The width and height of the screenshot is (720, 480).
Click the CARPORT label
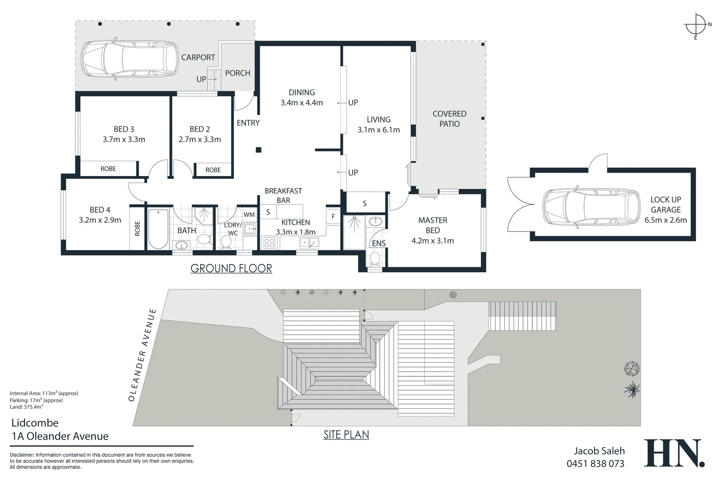coord(198,57)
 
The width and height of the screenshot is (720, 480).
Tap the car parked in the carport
coord(129,59)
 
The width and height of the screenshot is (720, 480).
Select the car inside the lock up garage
coord(591,207)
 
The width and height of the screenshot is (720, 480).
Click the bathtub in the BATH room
coord(158,229)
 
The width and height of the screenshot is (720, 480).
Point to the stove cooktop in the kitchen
coord(269,243)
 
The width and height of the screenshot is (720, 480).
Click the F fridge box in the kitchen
coord(333,216)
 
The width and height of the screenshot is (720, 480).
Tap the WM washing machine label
coord(249,215)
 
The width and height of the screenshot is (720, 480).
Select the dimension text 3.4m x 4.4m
coord(302,103)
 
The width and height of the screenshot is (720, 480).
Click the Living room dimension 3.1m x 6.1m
coord(378,130)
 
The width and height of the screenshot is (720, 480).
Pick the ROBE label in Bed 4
coord(137,228)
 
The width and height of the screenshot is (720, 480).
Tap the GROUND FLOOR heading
coord(231,268)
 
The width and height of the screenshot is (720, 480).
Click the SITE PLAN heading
coord(346,435)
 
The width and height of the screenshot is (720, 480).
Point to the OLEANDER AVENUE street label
coord(142,355)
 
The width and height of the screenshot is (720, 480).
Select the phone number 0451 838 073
coord(595,464)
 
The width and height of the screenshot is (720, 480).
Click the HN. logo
coord(674,453)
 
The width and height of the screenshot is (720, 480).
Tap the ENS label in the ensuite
coord(378,244)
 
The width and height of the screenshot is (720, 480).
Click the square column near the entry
coord(258,150)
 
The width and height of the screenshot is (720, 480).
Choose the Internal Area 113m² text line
coord(44,393)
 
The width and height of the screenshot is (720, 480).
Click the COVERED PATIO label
coord(449,119)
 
